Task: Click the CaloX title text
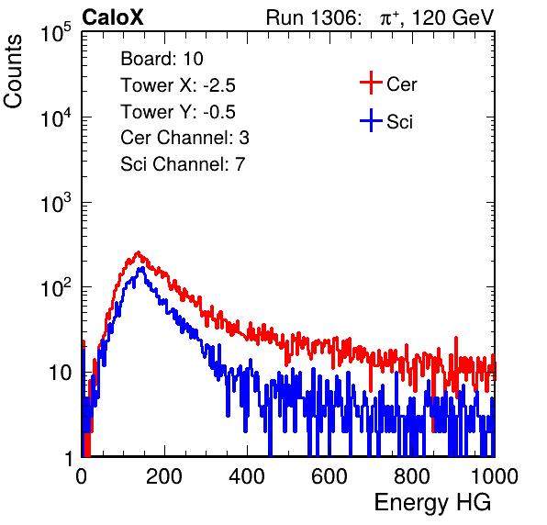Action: (x=112, y=17)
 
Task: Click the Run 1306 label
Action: (x=312, y=17)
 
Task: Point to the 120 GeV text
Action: (x=452, y=17)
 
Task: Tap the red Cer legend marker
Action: (x=371, y=83)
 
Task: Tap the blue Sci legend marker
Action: (x=371, y=121)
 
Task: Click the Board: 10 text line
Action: (x=162, y=59)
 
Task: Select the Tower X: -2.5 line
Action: (x=178, y=85)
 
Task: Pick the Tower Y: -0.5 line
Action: (x=178, y=112)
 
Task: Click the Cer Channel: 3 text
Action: (x=184, y=138)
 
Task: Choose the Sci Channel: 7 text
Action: (x=183, y=164)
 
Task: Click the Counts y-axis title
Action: (x=13, y=72)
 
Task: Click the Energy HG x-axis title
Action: (x=432, y=503)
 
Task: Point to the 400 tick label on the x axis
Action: (x=247, y=476)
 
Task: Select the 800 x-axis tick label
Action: (x=412, y=476)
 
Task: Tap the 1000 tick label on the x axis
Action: (x=495, y=476)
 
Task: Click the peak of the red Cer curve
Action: (x=139, y=251)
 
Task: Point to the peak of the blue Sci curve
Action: (x=141, y=268)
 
